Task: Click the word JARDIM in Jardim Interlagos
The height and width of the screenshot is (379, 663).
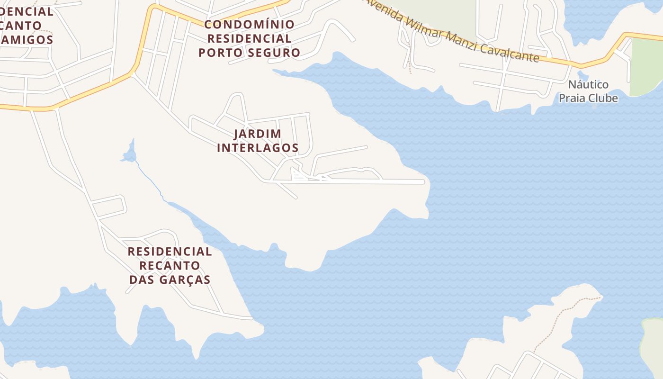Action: tap(258, 134)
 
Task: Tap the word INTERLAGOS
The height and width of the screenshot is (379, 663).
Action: tap(258, 148)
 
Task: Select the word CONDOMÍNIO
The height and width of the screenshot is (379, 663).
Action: tap(249, 24)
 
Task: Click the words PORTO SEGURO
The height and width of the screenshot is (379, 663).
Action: tap(249, 53)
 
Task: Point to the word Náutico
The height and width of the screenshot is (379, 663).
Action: tap(588, 85)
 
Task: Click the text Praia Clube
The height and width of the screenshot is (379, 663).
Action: tap(588, 98)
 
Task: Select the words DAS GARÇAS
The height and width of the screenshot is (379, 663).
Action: tap(170, 280)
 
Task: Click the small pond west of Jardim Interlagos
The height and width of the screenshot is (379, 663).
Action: tap(129, 154)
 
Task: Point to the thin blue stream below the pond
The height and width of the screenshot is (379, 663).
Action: tap(151, 180)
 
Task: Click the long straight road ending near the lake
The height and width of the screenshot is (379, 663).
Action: tap(369, 181)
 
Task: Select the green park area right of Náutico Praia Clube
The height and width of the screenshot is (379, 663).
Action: tap(646, 66)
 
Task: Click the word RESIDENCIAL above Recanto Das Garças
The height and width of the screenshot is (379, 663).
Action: tap(170, 251)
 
